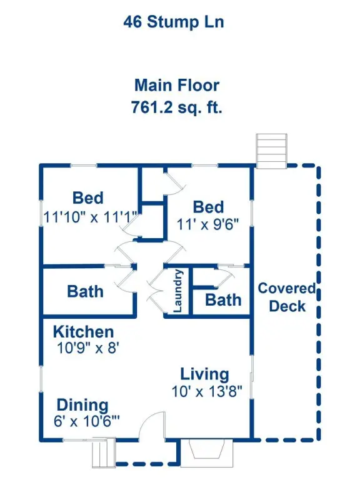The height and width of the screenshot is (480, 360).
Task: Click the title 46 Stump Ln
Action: click(x=174, y=22)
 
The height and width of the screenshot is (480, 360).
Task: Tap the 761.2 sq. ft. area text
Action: click(x=177, y=107)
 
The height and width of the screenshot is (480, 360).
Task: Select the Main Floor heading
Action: click(x=177, y=85)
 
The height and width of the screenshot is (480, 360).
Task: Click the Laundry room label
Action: click(x=178, y=291)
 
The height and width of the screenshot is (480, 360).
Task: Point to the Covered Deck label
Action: click(x=287, y=297)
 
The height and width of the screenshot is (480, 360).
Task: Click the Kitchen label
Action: click(x=84, y=332)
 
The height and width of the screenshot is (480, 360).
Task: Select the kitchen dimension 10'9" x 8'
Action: click(x=88, y=348)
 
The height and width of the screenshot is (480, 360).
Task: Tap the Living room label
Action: click(x=204, y=375)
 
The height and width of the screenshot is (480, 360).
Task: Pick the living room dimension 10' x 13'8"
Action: click(x=207, y=391)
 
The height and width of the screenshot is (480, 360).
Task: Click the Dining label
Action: click(x=82, y=405)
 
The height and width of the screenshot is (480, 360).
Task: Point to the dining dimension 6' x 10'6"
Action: click(x=87, y=421)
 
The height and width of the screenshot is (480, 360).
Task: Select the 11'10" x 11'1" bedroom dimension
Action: click(x=90, y=217)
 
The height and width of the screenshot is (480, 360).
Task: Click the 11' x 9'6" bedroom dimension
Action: click(x=207, y=225)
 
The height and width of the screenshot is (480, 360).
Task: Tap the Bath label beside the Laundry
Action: click(x=223, y=300)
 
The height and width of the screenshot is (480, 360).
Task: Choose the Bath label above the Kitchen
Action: click(x=85, y=291)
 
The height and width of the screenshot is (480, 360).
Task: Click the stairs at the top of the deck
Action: click(x=271, y=151)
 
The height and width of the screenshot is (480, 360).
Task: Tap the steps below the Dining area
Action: click(x=104, y=452)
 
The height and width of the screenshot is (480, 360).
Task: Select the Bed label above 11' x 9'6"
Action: click(x=208, y=207)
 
